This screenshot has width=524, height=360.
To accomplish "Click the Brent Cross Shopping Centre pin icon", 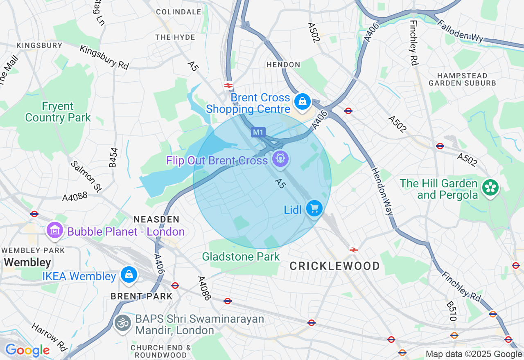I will [303, 101].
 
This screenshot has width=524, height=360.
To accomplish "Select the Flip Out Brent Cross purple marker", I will [280, 158].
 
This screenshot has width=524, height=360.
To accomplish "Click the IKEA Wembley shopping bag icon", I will [129, 274].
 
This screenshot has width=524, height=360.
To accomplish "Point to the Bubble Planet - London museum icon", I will [54, 230].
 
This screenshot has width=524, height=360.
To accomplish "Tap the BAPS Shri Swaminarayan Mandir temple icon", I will [122, 323].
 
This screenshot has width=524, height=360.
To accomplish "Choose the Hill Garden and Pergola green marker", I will [489, 187].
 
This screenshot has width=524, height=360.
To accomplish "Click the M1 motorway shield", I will [258, 132].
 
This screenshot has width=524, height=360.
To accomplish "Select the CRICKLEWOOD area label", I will [335, 266].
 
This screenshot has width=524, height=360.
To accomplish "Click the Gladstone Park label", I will [241, 256].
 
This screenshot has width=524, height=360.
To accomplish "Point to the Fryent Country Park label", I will [58, 112].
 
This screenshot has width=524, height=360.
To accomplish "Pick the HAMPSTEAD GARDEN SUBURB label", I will [462, 79].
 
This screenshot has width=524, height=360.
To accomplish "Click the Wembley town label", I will [27, 262].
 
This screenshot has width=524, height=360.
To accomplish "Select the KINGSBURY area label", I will [39, 45].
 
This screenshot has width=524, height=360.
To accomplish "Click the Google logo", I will [27, 350].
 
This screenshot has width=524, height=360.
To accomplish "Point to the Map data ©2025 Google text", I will [474, 354].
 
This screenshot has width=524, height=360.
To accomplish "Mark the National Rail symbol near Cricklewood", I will [353, 250].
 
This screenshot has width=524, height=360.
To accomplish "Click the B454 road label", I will [113, 157].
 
